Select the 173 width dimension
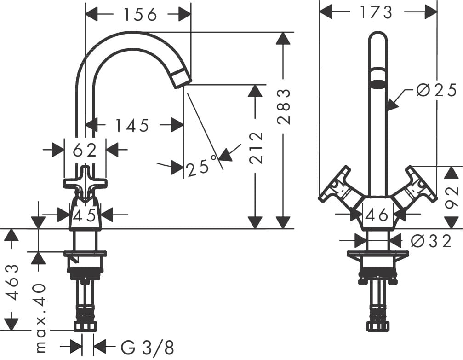pos(376,12)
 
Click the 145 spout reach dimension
pos(132,125)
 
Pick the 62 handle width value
pos(85,150)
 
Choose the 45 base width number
pos(85,215)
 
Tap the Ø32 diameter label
pos(431,241)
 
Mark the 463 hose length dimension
pos(14,282)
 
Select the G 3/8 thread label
pos(148,347)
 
